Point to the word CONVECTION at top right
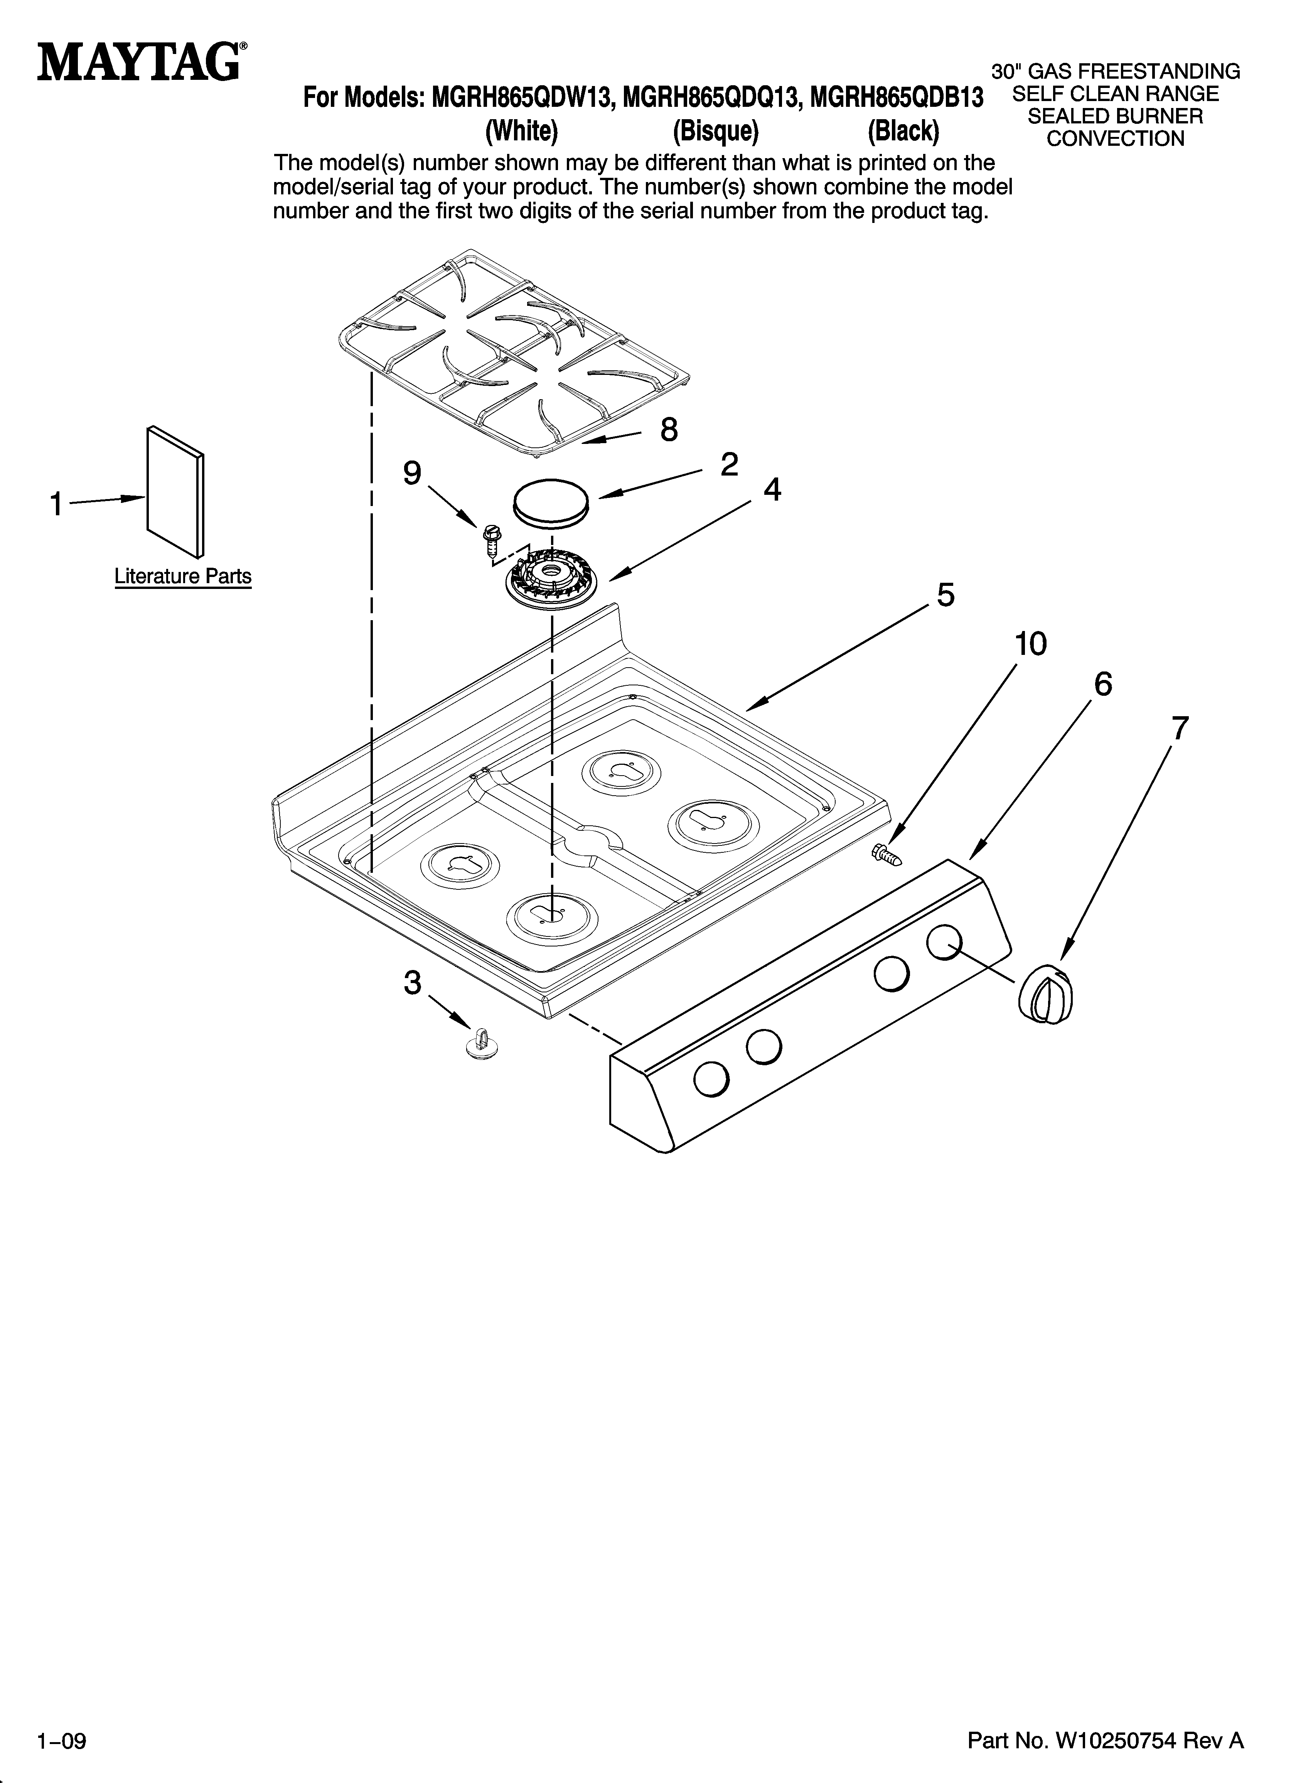(x=1115, y=139)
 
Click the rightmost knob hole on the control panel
(x=944, y=941)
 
